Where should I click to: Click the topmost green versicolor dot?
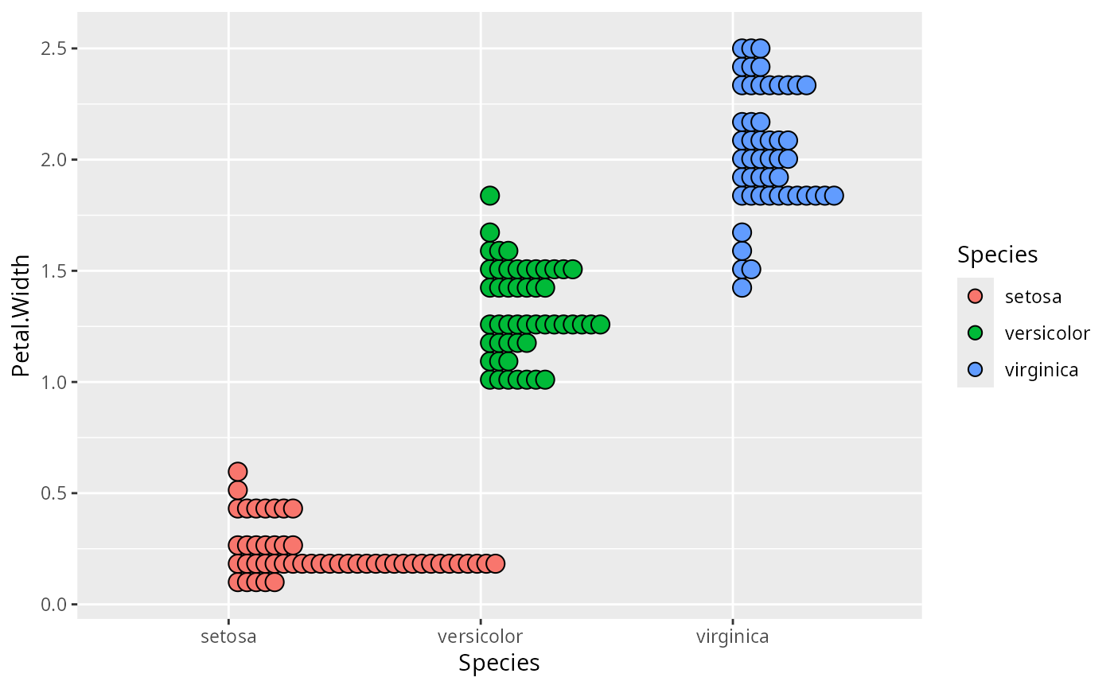tap(489, 195)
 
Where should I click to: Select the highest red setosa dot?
tap(237, 471)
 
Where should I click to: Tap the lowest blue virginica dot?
tap(742, 287)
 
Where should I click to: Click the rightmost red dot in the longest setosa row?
tap(495, 563)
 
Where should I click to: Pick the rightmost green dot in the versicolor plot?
tap(600, 324)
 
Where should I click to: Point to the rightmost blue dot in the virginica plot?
tap(834, 195)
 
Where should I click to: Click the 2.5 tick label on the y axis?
tap(54, 49)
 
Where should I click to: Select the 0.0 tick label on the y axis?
tap(54, 605)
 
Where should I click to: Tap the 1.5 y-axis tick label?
tap(54, 271)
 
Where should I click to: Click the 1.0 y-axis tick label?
tap(54, 382)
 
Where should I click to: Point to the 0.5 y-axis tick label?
tap(54, 493)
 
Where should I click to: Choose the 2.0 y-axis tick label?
tap(54, 160)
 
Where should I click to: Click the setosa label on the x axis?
tap(228, 636)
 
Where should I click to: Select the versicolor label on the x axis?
tap(480, 636)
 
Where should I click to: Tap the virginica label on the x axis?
tap(732, 636)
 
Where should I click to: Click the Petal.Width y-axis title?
tap(21, 316)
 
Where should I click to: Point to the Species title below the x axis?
tap(499, 663)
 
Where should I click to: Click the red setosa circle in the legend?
tap(976, 297)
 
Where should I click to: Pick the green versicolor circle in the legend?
tap(976, 333)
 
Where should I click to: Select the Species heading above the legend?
tap(997, 255)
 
